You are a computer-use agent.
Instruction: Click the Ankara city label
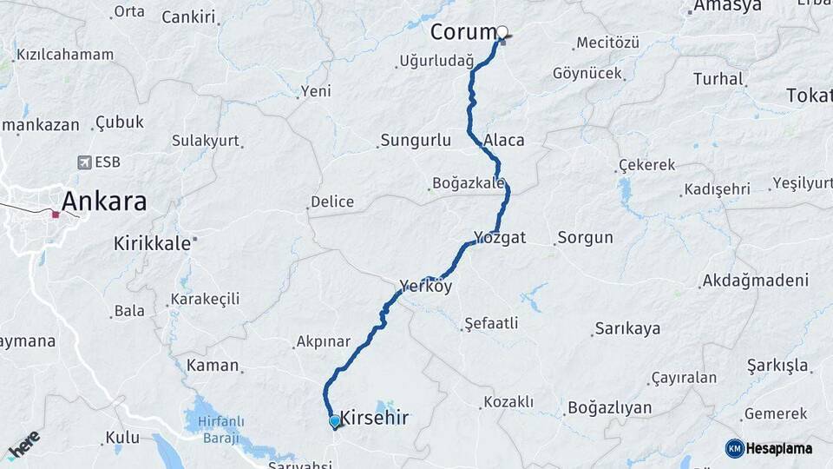pyautogui.click(x=104, y=202)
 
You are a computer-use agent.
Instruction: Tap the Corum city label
pyautogui.click(x=462, y=32)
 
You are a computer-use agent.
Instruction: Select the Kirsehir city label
pyautogui.click(x=374, y=418)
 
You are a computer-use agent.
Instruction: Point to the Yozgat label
pyautogui.click(x=500, y=237)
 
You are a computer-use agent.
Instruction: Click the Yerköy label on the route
pyautogui.click(x=425, y=286)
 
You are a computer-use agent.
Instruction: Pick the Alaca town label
pyautogui.click(x=504, y=140)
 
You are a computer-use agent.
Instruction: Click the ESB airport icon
pyautogui.click(x=85, y=162)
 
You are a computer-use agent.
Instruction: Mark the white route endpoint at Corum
pyautogui.click(x=502, y=32)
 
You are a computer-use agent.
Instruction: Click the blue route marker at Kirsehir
pyautogui.click(x=335, y=421)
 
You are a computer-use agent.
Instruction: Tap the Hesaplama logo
pyautogui.click(x=769, y=448)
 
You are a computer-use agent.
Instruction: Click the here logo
pyautogui.click(x=24, y=444)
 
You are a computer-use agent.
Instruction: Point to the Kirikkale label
pyautogui.click(x=152, y=244)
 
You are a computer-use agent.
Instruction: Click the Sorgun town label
pyautogui.click(x=585, y=237)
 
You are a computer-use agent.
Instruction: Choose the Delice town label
pyautogui.click(x=332, y=202)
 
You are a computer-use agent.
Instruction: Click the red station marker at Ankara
pyautogui.click(x=56, y=214)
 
